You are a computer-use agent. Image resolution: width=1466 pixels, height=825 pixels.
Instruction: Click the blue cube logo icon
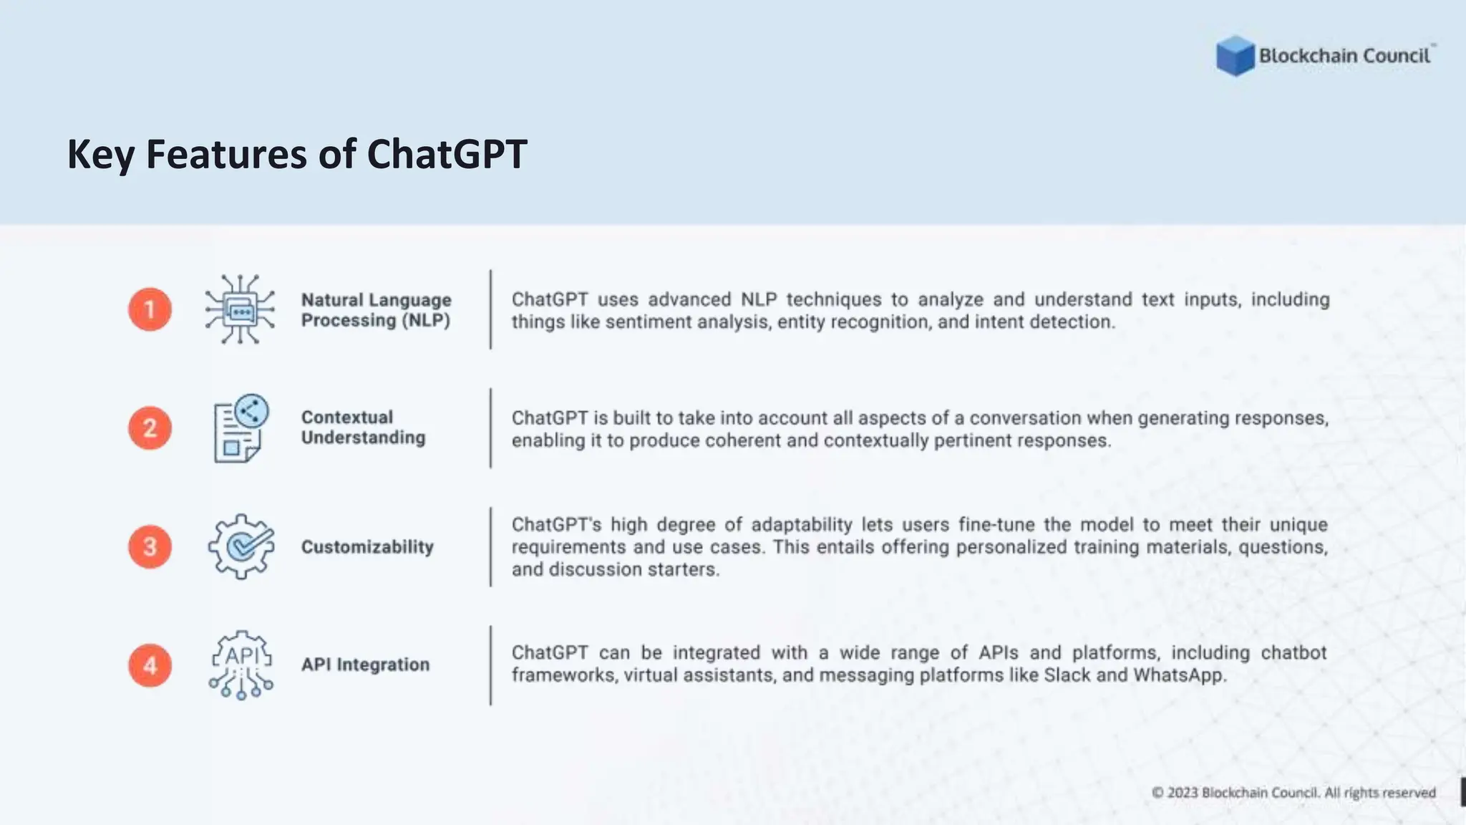point(1235,55)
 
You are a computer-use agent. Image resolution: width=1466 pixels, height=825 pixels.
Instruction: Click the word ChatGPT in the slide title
point(447,154)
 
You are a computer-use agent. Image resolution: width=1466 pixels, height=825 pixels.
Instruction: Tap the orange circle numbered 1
point(150,309)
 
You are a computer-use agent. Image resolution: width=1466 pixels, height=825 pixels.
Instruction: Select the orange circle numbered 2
point(150,428)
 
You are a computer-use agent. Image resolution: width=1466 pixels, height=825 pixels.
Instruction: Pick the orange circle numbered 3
point(150,547)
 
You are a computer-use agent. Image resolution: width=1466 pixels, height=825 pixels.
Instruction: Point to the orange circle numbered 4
point(150,665)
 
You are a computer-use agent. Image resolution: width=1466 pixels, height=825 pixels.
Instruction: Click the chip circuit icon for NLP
point(240,309)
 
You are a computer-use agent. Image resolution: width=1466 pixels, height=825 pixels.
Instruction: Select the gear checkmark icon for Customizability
point(241,546)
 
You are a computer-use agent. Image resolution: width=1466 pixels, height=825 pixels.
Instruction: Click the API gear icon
point(241,665)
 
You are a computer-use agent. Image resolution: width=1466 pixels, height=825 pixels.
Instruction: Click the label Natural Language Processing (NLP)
point(376,310)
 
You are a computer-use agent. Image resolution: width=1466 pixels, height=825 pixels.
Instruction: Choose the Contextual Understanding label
point(363,428)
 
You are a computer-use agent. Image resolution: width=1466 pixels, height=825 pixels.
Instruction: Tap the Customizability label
point(367,547)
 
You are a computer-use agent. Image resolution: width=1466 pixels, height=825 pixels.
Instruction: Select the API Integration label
point(365,665)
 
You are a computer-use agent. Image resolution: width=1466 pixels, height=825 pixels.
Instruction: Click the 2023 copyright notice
point(1293,793)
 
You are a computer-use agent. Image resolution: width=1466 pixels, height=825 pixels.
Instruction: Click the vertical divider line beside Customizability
point(490,547)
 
